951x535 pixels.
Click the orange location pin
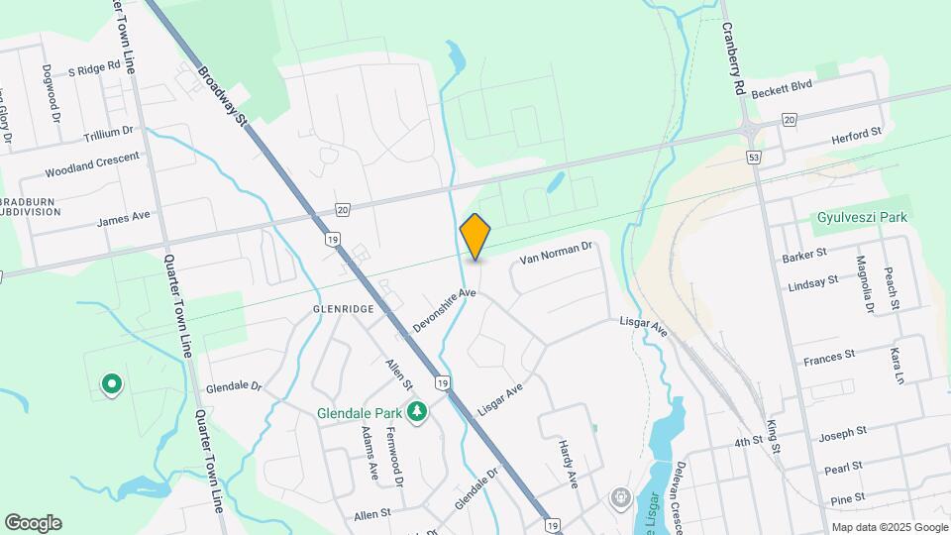(x=475, y=238)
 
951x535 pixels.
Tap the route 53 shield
(x=754, y=158)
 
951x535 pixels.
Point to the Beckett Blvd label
(x=782, y=88)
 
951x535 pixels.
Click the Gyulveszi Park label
(x=863, y=217)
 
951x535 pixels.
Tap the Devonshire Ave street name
(x=445, y=309)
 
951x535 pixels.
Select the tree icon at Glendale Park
(x=418, y=410)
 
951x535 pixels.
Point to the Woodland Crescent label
(x=92, y=165)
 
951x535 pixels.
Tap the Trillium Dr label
(x=108, y=132)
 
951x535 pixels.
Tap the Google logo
(x=33, y=523)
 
